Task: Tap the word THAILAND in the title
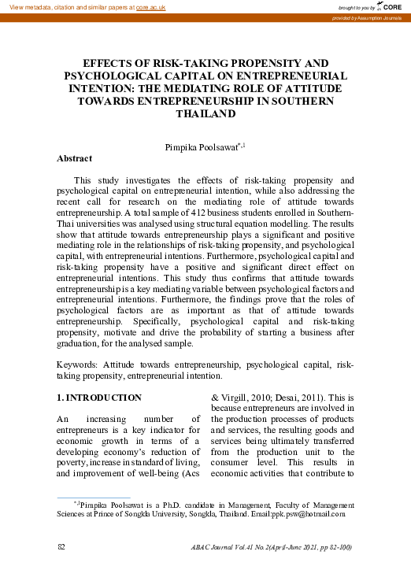coord(205,115)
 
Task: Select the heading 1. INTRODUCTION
coord(100,398)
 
